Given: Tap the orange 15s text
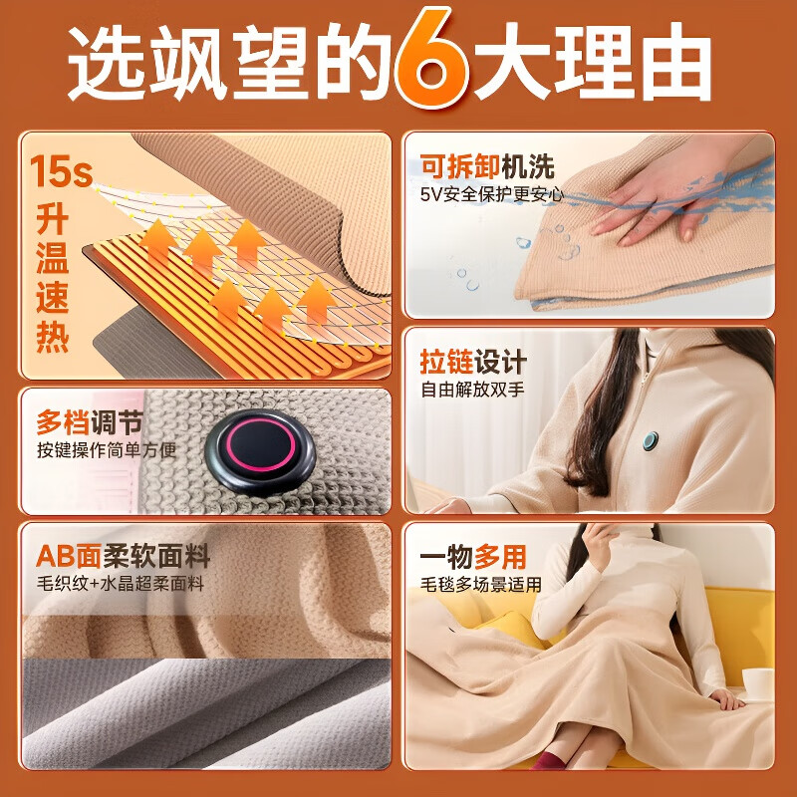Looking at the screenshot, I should pyautogui.click(x=61, y=171).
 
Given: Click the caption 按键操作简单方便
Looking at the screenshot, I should pyautogui.click(x=107, y=449).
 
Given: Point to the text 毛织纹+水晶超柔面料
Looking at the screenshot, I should pyautogui.click(x=120, y=584).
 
